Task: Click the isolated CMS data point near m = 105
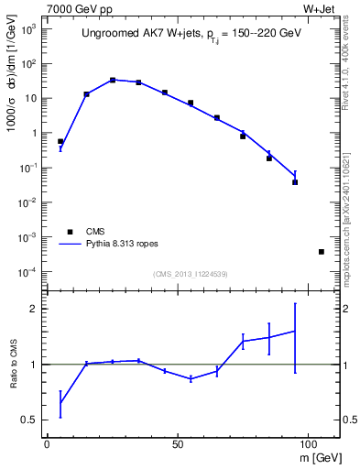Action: click(x=322, y=252)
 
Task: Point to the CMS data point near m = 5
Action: click(x=60, y=142)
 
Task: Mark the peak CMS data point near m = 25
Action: click(x=113, y=81)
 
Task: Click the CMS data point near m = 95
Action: click(x=295, y=182)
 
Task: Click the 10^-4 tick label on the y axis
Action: click(x=25, y=272)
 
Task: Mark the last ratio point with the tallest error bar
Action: click(x=295, y=331)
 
